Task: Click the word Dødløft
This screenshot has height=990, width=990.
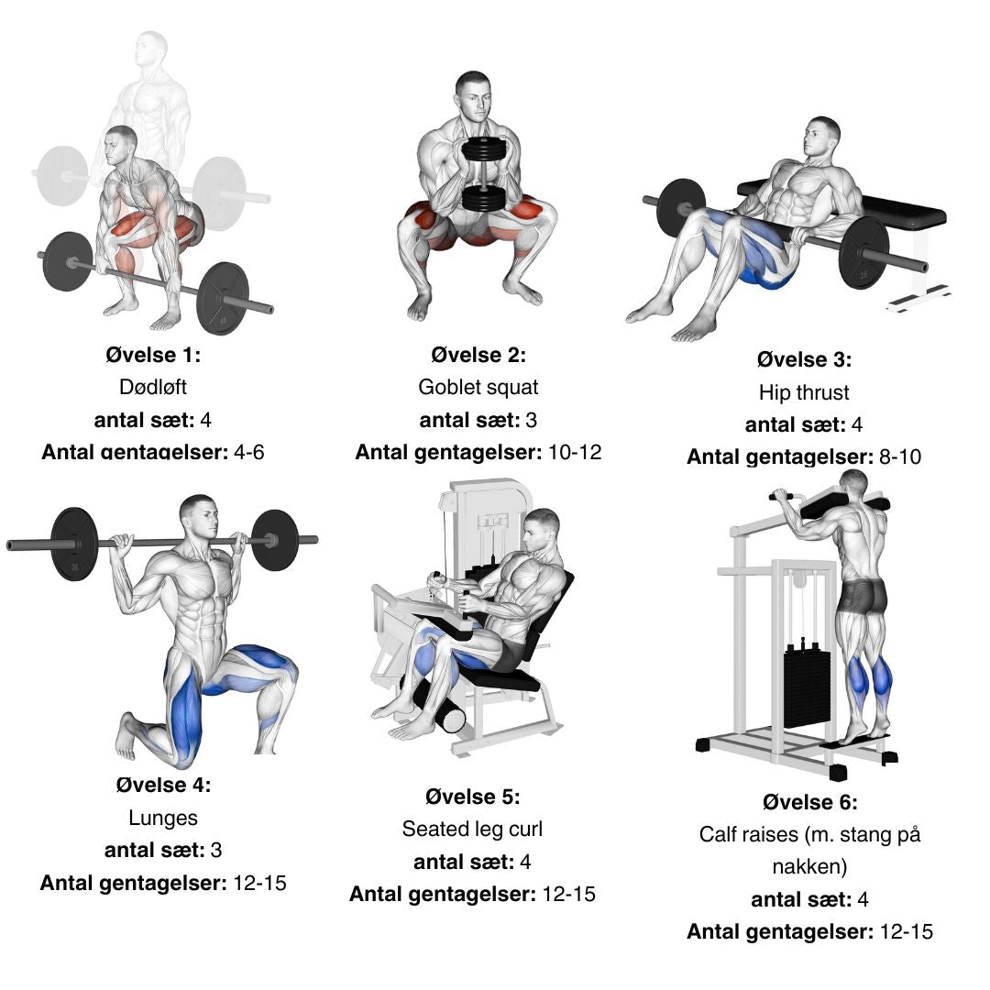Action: [x=153, y=387]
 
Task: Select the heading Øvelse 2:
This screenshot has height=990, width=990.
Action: [x=478, y=355]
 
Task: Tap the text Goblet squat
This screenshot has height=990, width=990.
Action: [x=478, y=387]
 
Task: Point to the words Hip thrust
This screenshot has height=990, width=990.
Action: [x=804, y=392]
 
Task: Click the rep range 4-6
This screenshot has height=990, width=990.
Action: [x=248, y=452]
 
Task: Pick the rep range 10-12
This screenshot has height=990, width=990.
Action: [x=575, y=452]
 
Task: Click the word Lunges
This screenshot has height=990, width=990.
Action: [x=163, y=818]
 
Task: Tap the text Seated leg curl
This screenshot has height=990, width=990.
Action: [x=472, y=829]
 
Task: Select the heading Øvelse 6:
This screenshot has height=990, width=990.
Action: [x=810, y=802]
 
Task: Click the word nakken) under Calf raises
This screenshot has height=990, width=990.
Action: [x=809, y=866]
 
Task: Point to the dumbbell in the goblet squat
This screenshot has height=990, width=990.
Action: [x=484, y=174]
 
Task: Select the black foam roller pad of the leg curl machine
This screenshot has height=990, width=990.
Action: [x=442, y=705]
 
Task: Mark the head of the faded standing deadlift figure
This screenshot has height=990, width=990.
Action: [x=151, y=49]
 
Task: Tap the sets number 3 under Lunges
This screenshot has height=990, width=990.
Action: [x=216, y=850]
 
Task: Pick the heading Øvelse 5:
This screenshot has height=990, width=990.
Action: [x=472, y=797]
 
